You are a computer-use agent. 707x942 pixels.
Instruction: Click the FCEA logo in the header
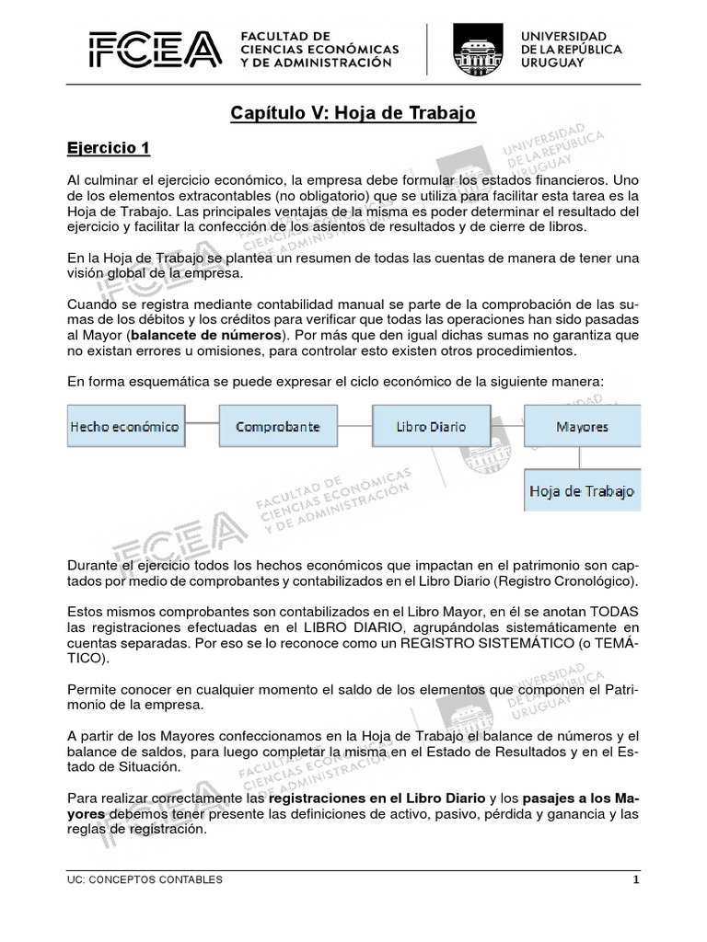[x=155, y=51]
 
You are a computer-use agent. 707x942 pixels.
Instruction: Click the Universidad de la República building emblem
[x=477, y=50]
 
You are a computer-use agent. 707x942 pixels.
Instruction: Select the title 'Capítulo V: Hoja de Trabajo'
[x=353, y=114]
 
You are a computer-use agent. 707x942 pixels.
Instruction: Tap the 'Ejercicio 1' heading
[x=109, y=148]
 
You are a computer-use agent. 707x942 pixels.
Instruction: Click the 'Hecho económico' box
[x=124, y=427]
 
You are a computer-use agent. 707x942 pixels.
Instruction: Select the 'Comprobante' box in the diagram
[x=277, y=427]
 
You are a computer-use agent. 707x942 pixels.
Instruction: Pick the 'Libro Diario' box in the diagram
[x=430, y=427]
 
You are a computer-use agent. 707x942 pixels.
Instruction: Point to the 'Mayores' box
[x=582, y=427]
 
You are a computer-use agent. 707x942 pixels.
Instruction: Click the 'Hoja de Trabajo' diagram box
[x=582, y=491]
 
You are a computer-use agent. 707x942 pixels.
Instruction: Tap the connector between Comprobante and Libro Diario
[x=353, y=427]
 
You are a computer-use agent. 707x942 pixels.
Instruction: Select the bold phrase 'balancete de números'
[x=206, y=335]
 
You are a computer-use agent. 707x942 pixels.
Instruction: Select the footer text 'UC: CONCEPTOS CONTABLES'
[x=145, y=880]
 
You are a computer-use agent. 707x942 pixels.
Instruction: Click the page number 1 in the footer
[x=635, y=880]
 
